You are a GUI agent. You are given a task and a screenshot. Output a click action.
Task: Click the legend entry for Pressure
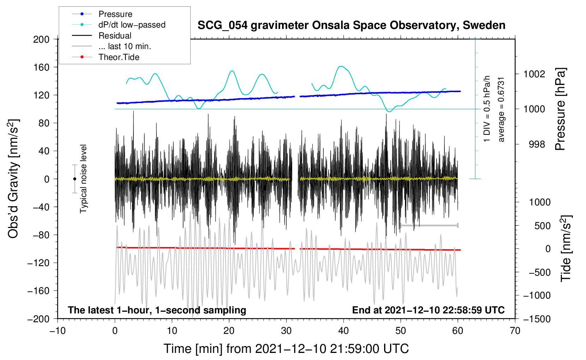pyautogui.click(x=115, y=14)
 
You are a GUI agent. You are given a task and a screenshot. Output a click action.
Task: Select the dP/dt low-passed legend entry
pyautogui.click(x=132, y=25)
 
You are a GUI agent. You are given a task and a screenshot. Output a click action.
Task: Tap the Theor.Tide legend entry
pyautogui.click(x=119, y=57)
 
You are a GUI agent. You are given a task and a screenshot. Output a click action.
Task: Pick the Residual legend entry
pyautogui.click(x=115, y=36)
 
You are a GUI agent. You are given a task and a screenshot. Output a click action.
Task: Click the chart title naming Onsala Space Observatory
pyautogui.click(x=351, y=25)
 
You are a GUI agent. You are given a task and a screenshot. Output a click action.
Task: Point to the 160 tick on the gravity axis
pyautogui.click(x=41, y=67)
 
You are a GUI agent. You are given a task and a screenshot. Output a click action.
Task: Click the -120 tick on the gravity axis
pyautogui.click(x=38, y=263)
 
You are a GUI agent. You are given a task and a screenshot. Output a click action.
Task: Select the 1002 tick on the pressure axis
pyautogui.click(x=534, y=74)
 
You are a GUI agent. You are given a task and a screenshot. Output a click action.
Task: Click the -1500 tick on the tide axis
pyautogui.click(x=537, y=319)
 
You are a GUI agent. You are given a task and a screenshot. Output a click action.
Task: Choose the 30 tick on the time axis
pyautogui.click(x=286, y=331)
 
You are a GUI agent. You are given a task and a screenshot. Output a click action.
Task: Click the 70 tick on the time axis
pyautogui.click(x=515, y=331)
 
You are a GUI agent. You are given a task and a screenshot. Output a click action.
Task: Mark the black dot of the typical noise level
pyautogui.click(x=74, y=179)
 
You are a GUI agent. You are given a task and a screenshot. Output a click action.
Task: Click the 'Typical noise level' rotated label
pyautogui.click(x=83, y=179)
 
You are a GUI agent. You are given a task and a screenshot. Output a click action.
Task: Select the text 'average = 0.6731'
pyautogui.click(x=501, y=109)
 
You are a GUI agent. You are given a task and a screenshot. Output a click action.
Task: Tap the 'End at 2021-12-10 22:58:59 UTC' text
pyautogui.click(x=428, y=310)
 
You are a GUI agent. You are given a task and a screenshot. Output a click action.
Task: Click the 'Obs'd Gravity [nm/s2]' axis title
pyautogui.click(x=13, y=179)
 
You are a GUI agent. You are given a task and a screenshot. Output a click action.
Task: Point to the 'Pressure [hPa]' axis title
pyautogui.click(x=560, y=109)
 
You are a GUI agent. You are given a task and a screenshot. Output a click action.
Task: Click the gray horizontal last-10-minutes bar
pyautogui.click(x=429, y=226)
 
